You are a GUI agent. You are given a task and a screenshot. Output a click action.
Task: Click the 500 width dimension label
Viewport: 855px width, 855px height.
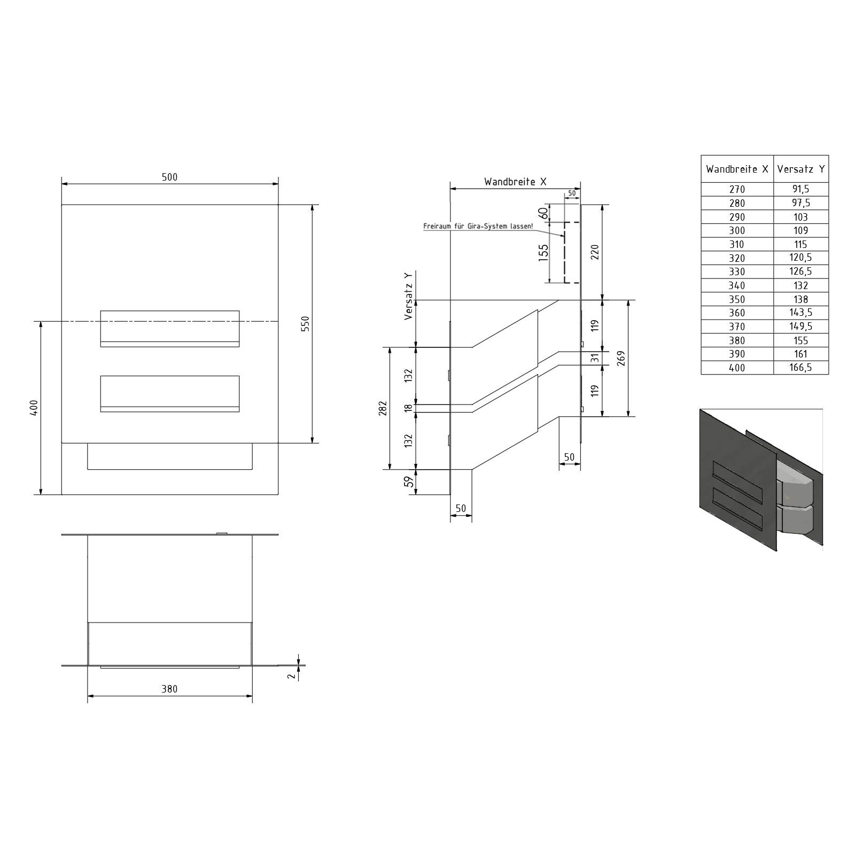[169, 177]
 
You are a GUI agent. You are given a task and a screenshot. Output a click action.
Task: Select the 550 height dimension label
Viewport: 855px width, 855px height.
[305, 324]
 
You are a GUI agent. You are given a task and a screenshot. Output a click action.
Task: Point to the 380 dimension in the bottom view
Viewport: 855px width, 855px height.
[169, 689]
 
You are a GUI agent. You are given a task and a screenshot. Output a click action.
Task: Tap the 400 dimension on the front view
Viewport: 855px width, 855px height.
[34, 408]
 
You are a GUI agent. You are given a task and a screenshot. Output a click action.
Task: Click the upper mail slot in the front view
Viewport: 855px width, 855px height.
[170, 329]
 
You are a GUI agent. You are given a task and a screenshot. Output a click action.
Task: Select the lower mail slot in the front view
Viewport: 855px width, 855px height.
[170, 394]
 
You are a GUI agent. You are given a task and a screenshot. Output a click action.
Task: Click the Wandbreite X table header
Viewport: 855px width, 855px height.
[737, 169]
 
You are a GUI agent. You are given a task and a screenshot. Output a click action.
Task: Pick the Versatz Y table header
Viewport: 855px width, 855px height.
[801, 169]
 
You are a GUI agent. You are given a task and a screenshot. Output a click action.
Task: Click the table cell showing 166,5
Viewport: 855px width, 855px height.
[801, 368]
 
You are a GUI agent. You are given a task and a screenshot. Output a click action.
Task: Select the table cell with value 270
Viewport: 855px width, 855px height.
[737, 189]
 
